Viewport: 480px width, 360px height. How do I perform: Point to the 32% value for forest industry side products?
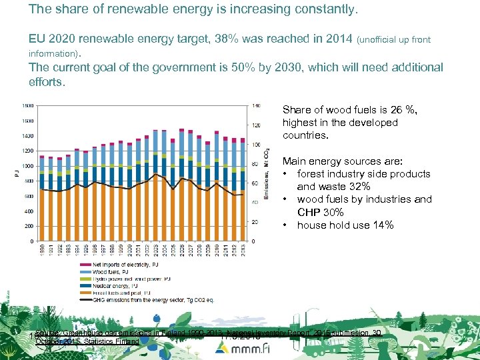(357, 187)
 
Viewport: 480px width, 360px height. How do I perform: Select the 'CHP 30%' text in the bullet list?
(321, 212)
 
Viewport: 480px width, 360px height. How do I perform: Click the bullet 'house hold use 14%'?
(345, 225)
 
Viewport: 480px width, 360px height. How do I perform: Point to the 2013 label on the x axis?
(243, 251)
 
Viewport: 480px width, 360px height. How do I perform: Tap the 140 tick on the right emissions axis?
(257, 105)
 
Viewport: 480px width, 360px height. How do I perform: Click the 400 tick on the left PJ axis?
(29, 211)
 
